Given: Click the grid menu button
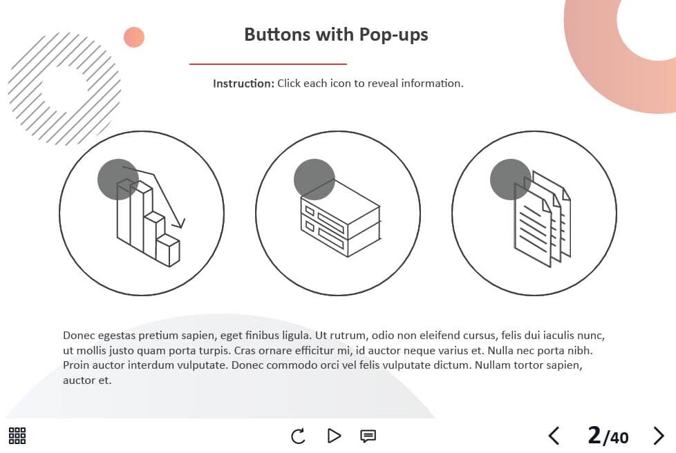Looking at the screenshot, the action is [x=17, y=436].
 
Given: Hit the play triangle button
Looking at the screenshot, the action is [x=334, y=436].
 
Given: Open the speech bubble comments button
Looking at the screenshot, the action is [x=368, y=436].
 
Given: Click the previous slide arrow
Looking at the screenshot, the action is [x=554, y=436].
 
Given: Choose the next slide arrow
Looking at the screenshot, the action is [x=658, y=436].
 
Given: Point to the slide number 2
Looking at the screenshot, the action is [x=594, y=435].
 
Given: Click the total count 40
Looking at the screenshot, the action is [x=619, y=438].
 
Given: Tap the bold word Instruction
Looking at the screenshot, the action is [x=243, y=83].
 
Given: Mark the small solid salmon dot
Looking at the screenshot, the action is [x=134, y=37].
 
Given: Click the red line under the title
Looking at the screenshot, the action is [x=267, y=64].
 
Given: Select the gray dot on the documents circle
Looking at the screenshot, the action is [x=510, y=180].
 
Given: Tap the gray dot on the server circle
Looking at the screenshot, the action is [x=314, y=180].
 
